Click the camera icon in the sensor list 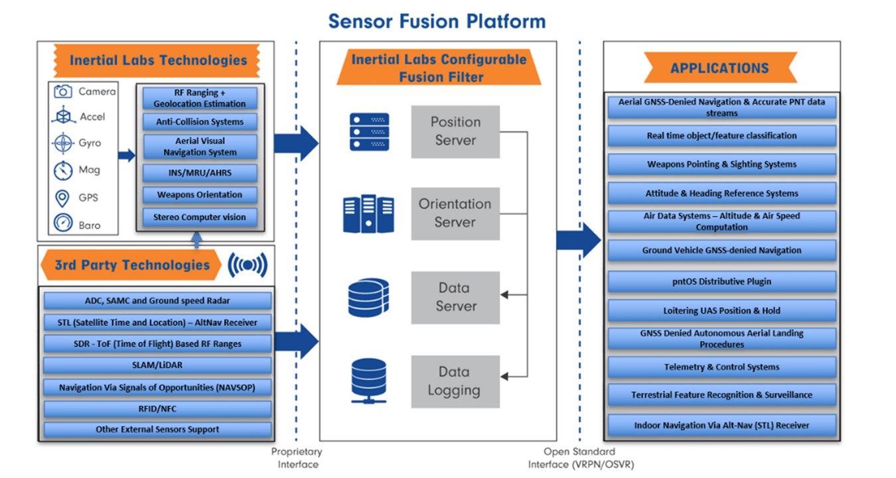click(x=63, y=91)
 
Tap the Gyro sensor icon click(x=63, y=143)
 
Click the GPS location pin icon click(x=63, y=198)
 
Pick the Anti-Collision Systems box click(x=200, y=122)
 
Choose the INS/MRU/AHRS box click(x=200, y=174)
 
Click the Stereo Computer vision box click(x=200, y=217)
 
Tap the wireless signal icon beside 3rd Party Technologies click(x=248, y=265)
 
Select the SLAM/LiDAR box click(x=157, y=365)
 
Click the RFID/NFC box click(x=157, y=408)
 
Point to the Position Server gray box click(x=455, y=131)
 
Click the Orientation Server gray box click(x=455, y=213)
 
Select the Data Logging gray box click(x=455, y=381)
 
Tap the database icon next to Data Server click(x=368, y=298)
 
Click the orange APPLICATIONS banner click(x=719, y=68)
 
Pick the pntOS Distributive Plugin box click(x=721, y=282)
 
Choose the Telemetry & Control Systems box click(x=721, y=367)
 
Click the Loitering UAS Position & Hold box click(x=721, y=310)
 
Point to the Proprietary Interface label click(x=296, y=457)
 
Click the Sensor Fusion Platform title click(x=437, y=21)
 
